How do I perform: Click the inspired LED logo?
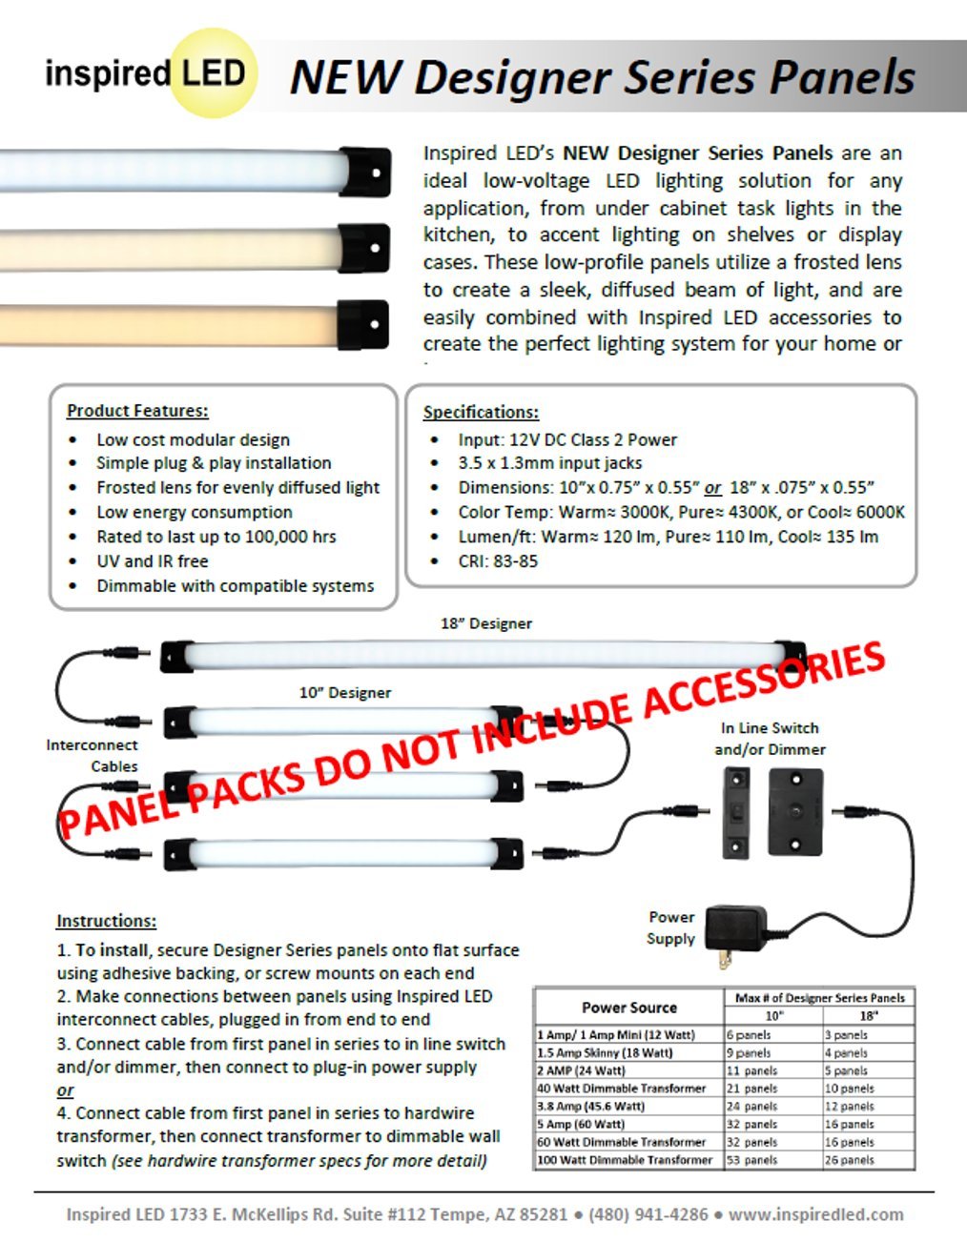[148, 73]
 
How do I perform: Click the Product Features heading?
[137, 411]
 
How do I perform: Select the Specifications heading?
[481, 412]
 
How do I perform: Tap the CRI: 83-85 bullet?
[497, 561]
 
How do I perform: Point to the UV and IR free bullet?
[152, 561]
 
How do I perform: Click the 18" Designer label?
[486, 623]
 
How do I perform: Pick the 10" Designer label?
[345, 693]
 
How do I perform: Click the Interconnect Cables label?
[93, 755]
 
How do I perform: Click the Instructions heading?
[106, 921]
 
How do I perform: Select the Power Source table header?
[629, 1008]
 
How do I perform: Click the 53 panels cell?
[752, 1160]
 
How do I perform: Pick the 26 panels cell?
[849, 1160]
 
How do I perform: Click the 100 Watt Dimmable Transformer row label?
[625, 1160]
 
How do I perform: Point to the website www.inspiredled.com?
[815, 1214]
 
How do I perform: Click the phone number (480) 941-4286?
[648, 1214]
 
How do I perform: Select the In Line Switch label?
[770, 728]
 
